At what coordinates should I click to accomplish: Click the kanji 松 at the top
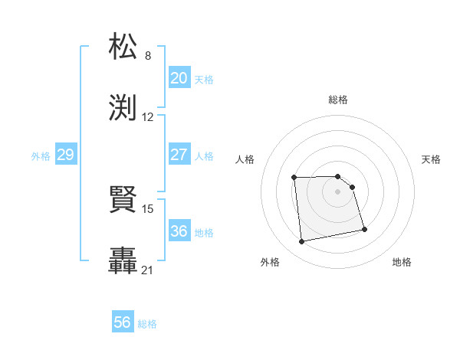click(x=124, y=47)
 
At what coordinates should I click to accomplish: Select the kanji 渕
click(x=124, y=108)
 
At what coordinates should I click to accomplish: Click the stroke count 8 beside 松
click(x=148, y=56)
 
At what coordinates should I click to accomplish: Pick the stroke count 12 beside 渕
click(x=148, y=117)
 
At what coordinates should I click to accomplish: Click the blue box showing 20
click(x=179, y=77)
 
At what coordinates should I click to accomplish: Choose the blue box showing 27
click(x=179, y=154)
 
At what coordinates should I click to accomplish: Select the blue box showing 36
click(x=179, y=231)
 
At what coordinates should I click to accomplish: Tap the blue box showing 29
click(x=65, y=155)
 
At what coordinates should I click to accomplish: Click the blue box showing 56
click(x=123, y=322)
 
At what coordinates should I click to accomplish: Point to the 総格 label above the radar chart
click(x=338, y=100)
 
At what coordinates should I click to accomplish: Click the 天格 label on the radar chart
click(x=432, y=159)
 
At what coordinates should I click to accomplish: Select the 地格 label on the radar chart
click(x=402, y=262)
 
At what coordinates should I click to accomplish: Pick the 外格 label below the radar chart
click(x=270, y=262)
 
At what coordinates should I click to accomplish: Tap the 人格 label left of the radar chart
click(x=245, y=159)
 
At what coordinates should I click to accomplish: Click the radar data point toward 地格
click(x=363, y=228)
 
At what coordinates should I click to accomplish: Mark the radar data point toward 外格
click(x=302, y=242)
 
